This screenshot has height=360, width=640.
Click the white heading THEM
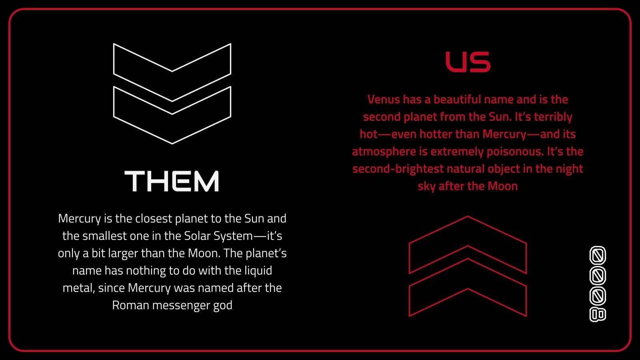click(x=172, y=181)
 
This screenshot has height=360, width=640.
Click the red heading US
click(x=468, y=62)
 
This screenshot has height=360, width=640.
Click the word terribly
click(x=553, y=117)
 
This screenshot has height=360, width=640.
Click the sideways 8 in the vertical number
click(x=598, y=314)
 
